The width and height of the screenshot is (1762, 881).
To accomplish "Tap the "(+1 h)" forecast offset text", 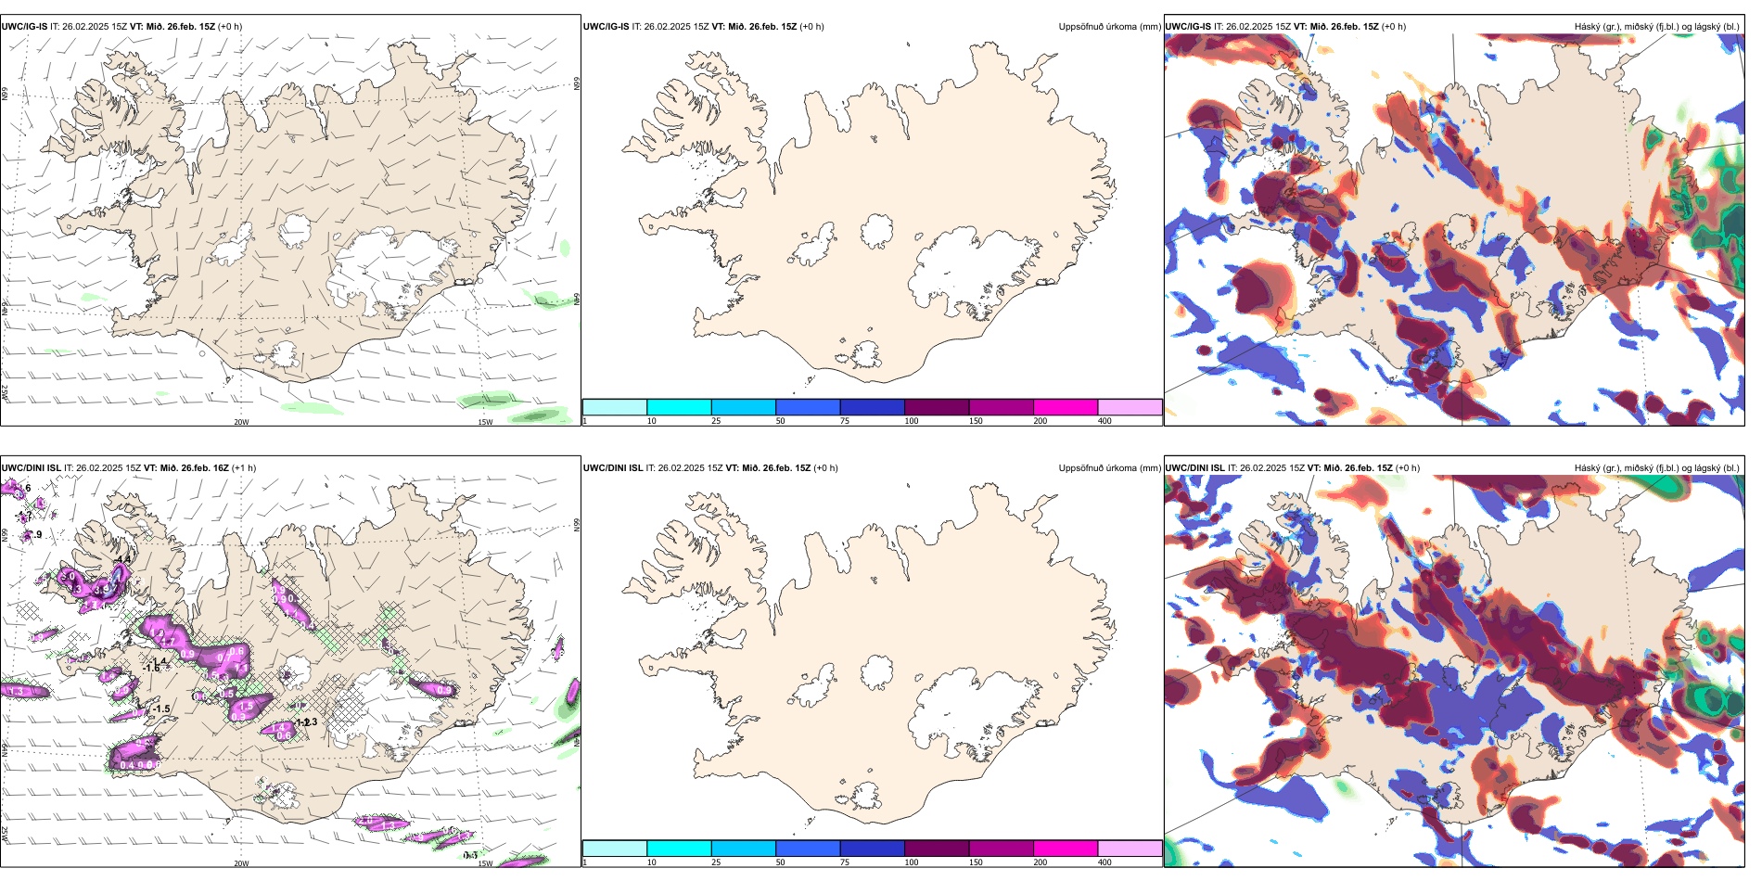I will [244, 468].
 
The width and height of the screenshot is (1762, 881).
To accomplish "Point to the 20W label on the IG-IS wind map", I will [241, 422].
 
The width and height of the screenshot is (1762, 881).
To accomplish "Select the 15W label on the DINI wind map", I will [484, 863].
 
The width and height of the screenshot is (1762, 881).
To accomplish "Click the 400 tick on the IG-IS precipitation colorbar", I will [1104, 421].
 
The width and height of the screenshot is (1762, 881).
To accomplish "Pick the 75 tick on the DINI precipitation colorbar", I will [845, 862].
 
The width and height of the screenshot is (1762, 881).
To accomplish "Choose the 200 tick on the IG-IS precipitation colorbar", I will [1040, 421].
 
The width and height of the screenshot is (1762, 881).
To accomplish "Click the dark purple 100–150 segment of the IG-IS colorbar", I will [937, 407].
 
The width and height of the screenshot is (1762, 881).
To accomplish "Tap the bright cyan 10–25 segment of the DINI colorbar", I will [679, 849].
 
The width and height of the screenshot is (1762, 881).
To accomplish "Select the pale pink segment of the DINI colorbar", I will [1130, 849].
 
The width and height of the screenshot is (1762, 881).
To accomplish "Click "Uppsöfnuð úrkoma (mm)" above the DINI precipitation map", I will [1109, 468].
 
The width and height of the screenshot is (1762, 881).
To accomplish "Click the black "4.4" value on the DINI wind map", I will [123, 559].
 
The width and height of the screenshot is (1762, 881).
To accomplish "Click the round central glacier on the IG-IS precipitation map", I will [876, 230].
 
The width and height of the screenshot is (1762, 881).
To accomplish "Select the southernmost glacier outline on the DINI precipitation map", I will [867, 796].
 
